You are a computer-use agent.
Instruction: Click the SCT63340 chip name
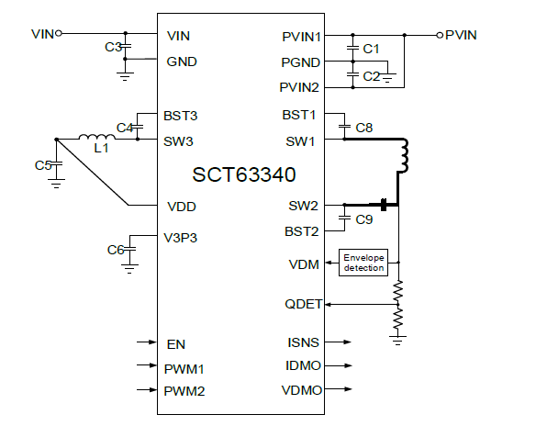244,174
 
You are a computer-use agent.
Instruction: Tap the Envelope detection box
363,262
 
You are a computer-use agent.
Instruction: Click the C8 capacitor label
363,127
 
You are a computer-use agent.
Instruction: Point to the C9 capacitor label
363,219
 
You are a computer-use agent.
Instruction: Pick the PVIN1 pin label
301,37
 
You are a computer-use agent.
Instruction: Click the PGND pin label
300,62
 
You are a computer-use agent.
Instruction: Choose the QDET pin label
302,303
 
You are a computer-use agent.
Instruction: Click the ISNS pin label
303,343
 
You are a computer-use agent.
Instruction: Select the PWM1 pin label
185,368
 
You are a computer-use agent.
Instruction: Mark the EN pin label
176,344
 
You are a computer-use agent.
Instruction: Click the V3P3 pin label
182,238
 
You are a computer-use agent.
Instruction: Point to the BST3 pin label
181,117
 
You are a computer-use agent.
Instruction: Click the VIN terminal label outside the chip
42,34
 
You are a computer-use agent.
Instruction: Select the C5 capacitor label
42,165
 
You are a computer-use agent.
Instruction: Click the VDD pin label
180,207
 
